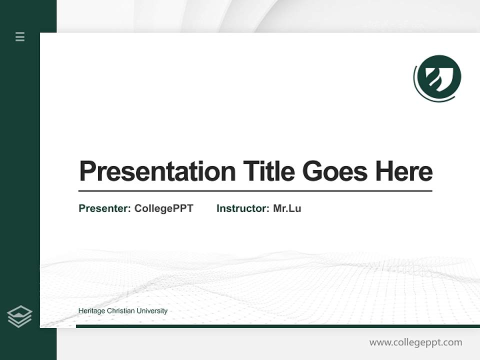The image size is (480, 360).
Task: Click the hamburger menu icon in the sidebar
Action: [20, 36]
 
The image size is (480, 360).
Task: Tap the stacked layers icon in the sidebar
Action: [19, 316]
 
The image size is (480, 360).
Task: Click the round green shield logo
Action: [438, 78]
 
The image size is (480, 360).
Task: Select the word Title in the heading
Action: [268, 171]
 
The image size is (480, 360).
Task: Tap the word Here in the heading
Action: [404, 171]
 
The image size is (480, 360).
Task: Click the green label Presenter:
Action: [104, 208]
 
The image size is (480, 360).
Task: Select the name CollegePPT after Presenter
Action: [163, 208]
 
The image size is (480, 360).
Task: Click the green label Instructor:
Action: [243, 208]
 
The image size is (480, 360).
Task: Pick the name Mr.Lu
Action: [287, 208]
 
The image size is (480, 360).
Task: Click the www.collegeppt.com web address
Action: [415, 342]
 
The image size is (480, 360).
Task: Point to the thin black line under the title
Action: [255, 191]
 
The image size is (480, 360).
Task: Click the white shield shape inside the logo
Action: [439, 77]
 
